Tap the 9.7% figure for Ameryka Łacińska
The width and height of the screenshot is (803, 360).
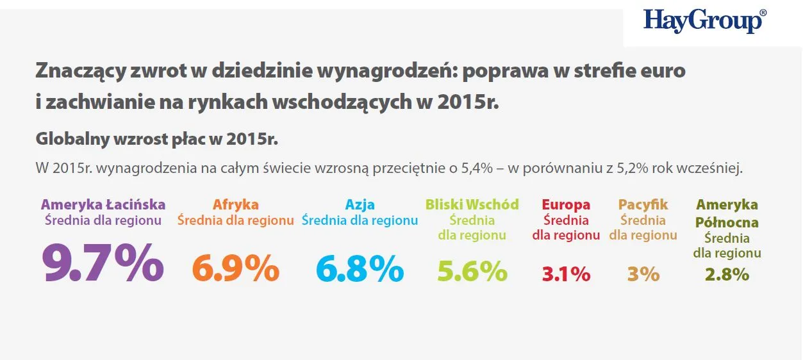(x=103, y=263)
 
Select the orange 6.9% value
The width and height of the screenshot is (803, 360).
(x=236, y=269)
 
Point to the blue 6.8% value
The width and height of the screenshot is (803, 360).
(x=360, y=269)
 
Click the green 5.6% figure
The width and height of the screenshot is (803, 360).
(x=472, y=272)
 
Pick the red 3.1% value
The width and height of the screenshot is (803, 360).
(x=566, y=274)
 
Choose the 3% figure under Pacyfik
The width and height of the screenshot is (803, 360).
(x=643, y=274)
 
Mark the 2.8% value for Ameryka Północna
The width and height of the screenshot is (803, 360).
(x=727, y=274)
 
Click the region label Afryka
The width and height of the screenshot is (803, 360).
(x=236, y=205)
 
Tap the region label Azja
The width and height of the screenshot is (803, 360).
(x=360, y=205)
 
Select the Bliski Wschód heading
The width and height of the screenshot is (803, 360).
(x=472, y=205)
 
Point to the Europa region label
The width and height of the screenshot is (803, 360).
(x=566, y=205)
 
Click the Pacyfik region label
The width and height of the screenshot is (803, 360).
(x=643, y=205)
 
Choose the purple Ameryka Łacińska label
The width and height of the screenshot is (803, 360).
(x=103, y=205)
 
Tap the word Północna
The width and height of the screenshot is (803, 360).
(x=727, y=222)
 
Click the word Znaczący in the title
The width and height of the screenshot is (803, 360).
(x=76, y=71)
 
